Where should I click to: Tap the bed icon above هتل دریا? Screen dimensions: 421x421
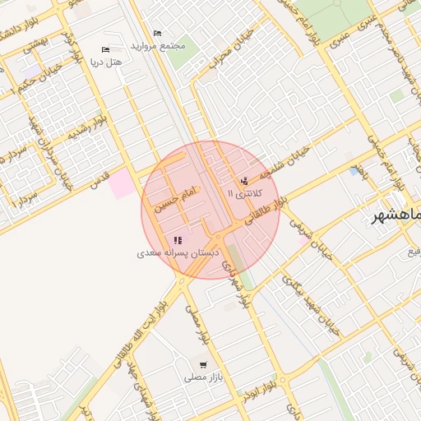pos(104,50)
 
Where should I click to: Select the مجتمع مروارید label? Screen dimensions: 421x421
pos(164,45)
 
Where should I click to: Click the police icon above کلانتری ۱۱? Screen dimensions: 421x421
pos(243,181)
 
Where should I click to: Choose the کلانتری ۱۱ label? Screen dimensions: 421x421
pos(247,192)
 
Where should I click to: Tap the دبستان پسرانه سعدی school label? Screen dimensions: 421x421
pos(173,253)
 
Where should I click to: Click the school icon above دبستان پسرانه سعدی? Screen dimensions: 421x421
pos(177,241)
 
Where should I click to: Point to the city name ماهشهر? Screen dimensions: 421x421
pos(392,216)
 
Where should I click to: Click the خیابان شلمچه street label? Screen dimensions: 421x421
pos(284,160)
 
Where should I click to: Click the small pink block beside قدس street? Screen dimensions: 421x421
pos(123,183)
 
